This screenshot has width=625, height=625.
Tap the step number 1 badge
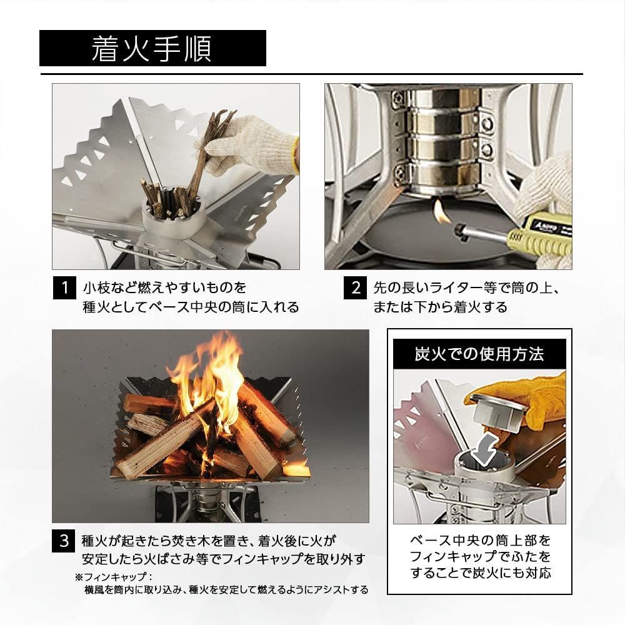point(64,288)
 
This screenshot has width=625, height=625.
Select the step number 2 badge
point(356,288)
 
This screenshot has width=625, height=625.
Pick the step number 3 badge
point(64,541)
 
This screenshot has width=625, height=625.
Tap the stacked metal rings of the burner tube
point(438,134)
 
